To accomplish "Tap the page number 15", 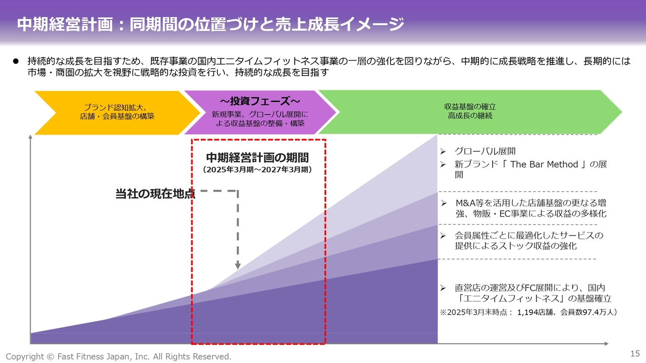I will (x=635, y=353).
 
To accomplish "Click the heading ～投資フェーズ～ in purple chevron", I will (x=260, y=101).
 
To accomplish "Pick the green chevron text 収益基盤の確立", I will (x=470, y=107).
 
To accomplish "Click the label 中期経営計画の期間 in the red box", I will (x=257, y=158).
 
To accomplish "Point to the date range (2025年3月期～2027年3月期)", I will (x=257, y=170).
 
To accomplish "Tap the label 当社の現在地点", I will (x=155, y=194).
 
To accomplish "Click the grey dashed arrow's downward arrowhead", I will (x=238, y=266).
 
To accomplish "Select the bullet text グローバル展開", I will (x=485, y=151).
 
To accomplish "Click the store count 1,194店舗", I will (x=537, y=313).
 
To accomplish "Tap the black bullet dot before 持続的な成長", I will (x=15, y=61).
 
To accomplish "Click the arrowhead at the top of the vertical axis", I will (x=32, y=137).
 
